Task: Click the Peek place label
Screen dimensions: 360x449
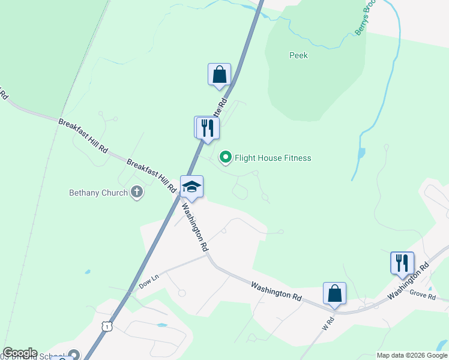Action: click(x=298, y=55)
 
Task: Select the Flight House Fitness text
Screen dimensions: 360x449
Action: click(x=273, y=158)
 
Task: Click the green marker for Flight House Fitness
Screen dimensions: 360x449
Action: click(x=226, y=158)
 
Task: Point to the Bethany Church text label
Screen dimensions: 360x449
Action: click(x=98, y=193)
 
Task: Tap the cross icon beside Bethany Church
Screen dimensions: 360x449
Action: click(x=137, y=193)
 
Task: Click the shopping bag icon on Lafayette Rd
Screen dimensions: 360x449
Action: click(x=220, y=75)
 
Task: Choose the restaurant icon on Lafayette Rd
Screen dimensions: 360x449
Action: click(x=208, y=128)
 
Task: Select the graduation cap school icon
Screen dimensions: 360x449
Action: click(x=192, y=187)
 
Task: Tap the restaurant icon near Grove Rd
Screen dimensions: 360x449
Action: click(x=402, y=263)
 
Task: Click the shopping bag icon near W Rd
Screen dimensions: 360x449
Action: click(x=334, y=293)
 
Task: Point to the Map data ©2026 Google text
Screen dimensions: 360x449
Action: click(x=411, y=355)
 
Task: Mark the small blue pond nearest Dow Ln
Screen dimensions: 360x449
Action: click(x=88, y=272)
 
